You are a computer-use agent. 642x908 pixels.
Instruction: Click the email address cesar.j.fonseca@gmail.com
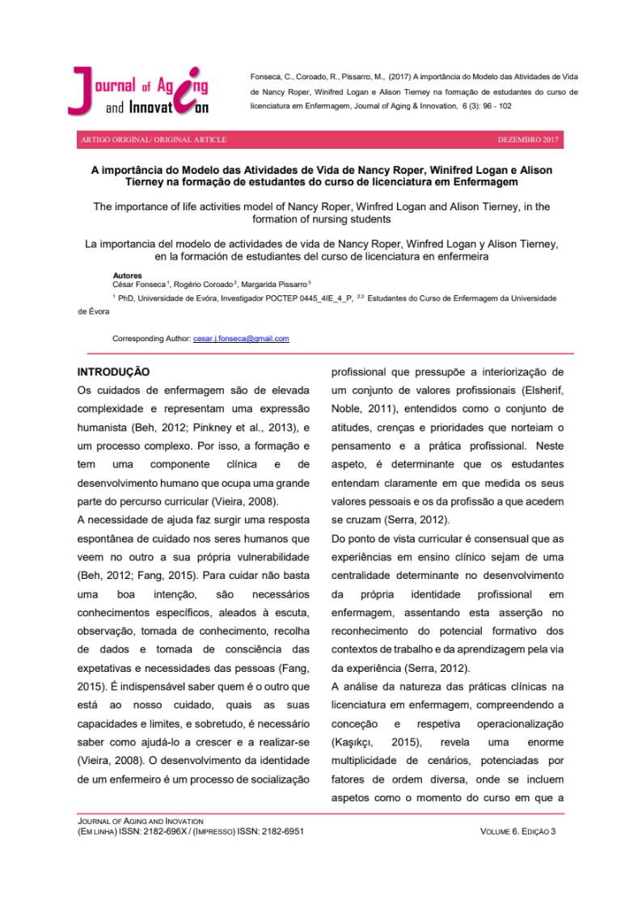[241, 338]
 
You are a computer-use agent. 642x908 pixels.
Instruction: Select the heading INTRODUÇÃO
[113, 374]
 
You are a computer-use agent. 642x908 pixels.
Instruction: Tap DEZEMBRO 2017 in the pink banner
[530, 140]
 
